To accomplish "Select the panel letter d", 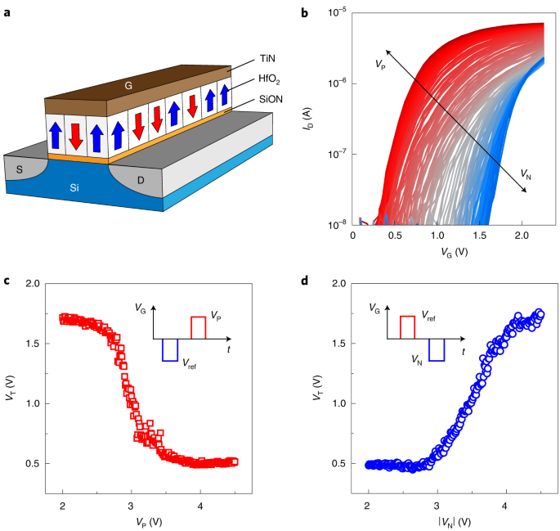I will click(305, 283).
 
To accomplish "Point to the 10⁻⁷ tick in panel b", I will click(338, 152).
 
